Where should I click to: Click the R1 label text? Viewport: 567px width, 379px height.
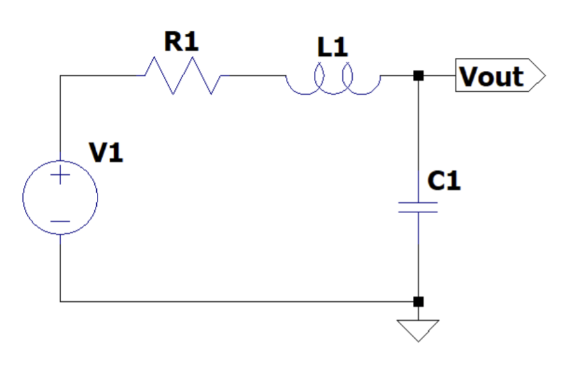pyautogui.click(x=182, y=42)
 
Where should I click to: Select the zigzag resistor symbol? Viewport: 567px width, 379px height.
pyautogui.click(x=183, y=76)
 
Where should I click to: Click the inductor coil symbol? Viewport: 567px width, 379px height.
pyautogui.click(x=333, y=82)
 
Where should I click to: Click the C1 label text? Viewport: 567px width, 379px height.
pyautogui.click(x=444, y=182)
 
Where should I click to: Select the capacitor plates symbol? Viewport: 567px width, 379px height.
pyautogui.click(x=418, y=207)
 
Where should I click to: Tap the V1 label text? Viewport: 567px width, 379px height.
pyautogui.click(x=106, y=153)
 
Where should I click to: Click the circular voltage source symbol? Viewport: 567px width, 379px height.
pyautogui.click(x=61, y=197)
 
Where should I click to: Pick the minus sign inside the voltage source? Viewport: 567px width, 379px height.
pyautogui.click(x=61, y=221)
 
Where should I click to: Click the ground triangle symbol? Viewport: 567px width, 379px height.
pyautogui.click(x=418, y=329)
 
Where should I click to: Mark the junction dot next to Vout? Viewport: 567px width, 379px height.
pyautogui.click(x=418, y=76)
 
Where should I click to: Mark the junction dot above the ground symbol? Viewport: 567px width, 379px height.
pyautogui.click(x=418, y=301)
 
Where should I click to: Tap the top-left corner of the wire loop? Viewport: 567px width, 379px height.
pyautogui.click(x=61, y=76)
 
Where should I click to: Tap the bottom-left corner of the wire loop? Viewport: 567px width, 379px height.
pyautogui.click(x=61, y=301)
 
